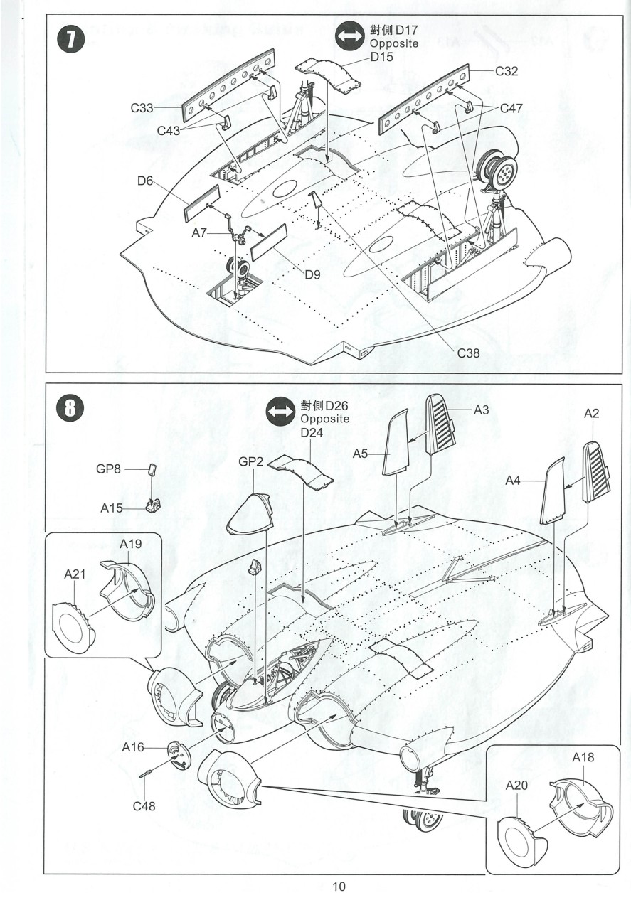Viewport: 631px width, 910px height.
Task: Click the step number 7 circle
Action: click(71, 40)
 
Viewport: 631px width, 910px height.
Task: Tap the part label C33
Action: click(142, 108)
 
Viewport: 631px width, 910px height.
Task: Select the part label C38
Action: click(470, 352)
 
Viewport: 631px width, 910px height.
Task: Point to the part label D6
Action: click(146, 181)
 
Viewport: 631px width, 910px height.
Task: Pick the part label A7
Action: click(200, 232)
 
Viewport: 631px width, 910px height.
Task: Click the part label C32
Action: click(507, 71)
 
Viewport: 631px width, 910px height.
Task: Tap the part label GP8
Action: click(110, 469)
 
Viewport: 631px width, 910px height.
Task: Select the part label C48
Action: click(144, 806)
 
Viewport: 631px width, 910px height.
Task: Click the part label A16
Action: click(133, 747)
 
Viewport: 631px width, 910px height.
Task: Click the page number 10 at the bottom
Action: click(338, 887)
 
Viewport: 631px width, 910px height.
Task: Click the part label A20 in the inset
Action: click(516, 786)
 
